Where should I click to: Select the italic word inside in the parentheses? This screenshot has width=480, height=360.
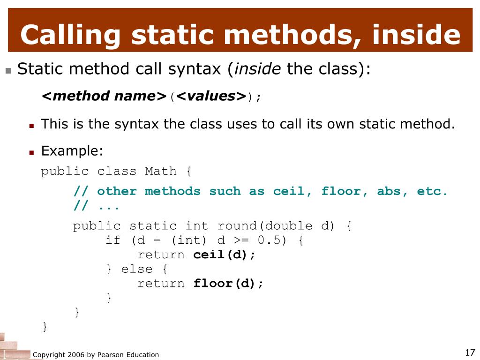(257, 68)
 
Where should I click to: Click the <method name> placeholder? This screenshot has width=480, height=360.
(104, 96)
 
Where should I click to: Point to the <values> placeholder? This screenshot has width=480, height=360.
(211, 96)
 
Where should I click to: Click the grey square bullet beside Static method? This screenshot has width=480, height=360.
(8, 71)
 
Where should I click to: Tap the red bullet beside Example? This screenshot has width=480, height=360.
(31, 152)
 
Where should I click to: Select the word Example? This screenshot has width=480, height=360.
(72, 151)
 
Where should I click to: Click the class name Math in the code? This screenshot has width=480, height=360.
(161, 171)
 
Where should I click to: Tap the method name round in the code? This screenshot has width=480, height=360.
(237, 226)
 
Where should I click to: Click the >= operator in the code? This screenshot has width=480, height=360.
(241, 240)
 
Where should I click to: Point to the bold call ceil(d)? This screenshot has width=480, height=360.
(224, 255)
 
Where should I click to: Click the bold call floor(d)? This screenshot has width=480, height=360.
(228, 284)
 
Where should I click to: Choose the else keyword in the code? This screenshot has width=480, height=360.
(136, 269)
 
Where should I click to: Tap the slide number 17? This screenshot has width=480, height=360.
(470, 352)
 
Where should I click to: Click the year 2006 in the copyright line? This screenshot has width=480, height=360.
(76, 355)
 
